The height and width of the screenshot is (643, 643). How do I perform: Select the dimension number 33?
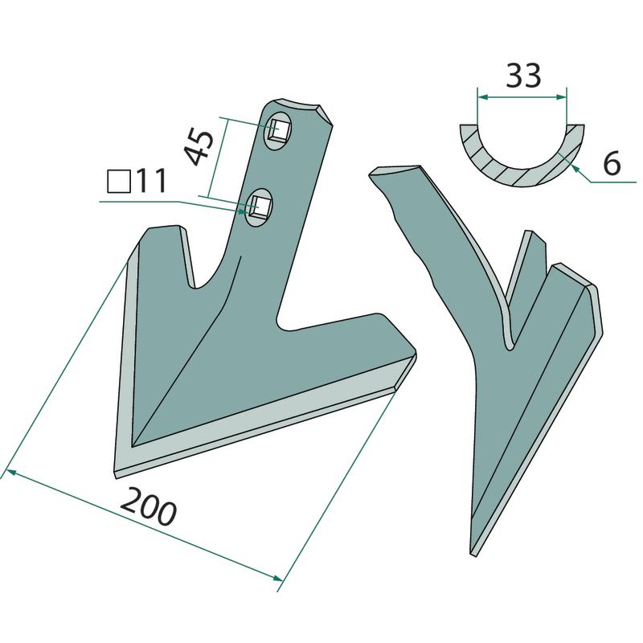pos(524,76)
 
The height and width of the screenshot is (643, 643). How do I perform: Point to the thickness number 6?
pos(612,163)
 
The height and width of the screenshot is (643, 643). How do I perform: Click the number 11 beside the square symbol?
pos(151,181)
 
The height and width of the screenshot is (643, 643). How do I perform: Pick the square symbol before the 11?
pos(119,182)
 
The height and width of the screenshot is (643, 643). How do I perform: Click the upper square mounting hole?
pos(279,130)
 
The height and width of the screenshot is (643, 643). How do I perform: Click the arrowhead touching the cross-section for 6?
pos(574,168)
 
